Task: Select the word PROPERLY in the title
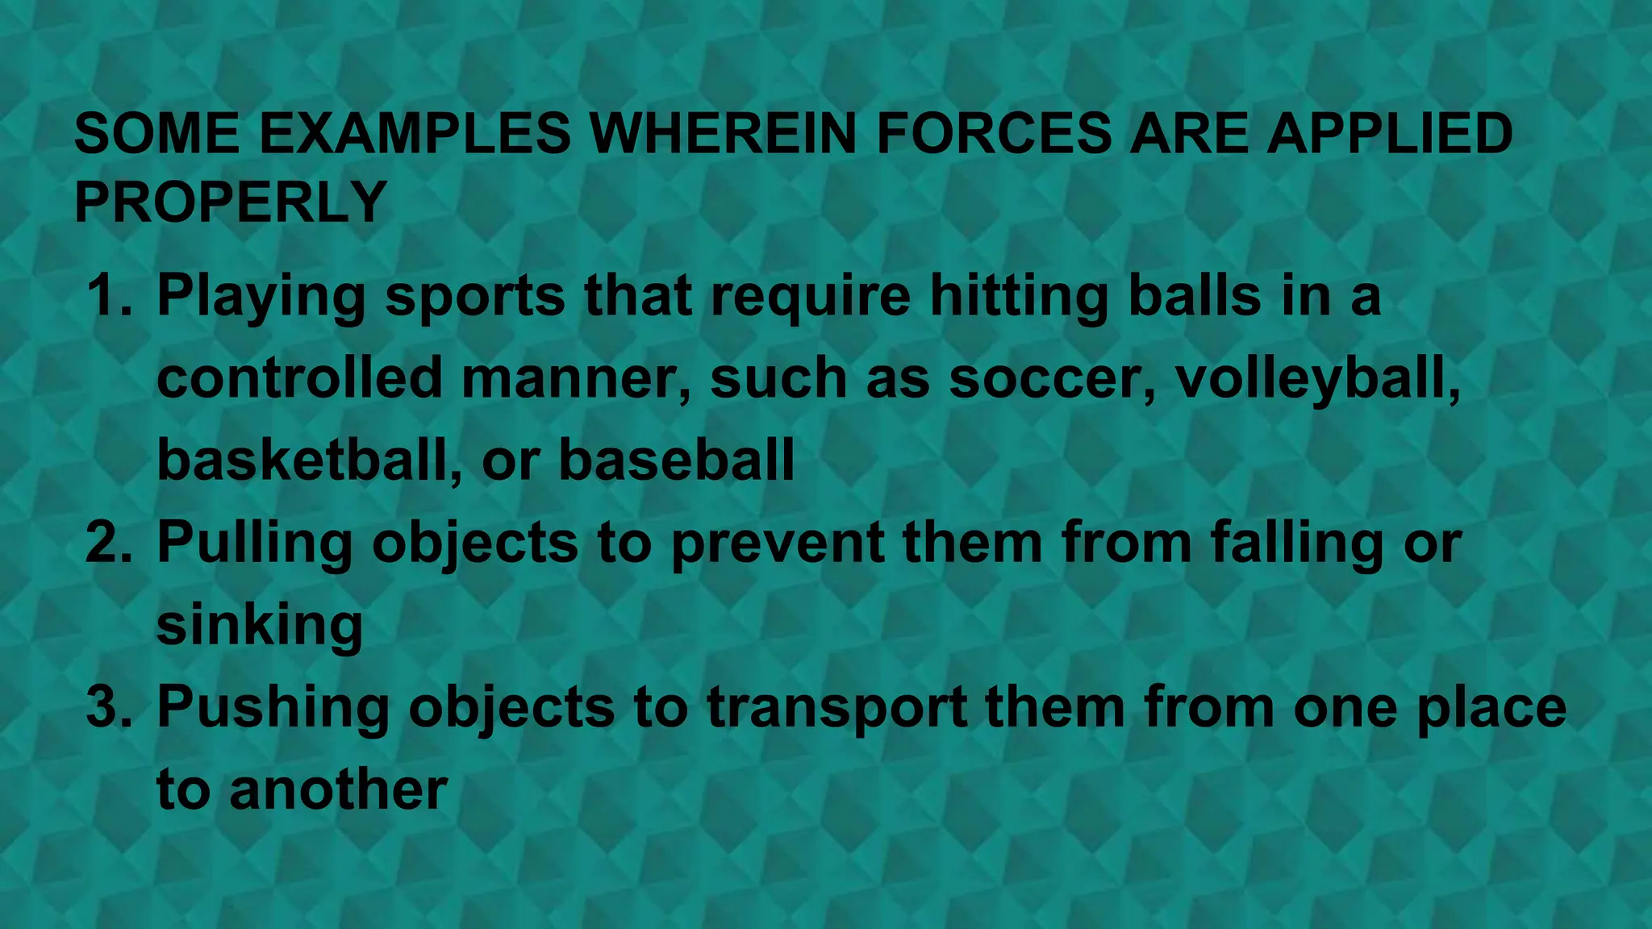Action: [x=231, y=202]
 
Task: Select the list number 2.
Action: [x=108, y=542]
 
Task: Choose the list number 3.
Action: [x=108, y=706]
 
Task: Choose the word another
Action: [x=338, y=789]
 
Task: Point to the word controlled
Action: [x=299, y=377]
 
